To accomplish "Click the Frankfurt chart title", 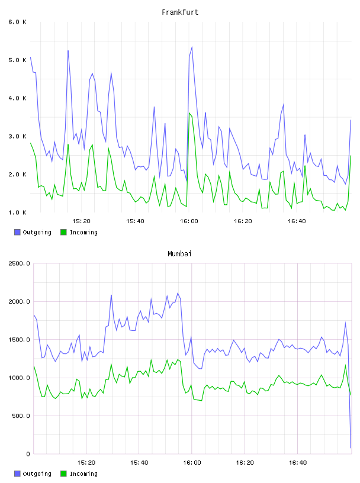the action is pos(180,12).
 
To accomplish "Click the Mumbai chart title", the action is pos(179,254).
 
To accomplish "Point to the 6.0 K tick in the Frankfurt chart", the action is pos(17,22).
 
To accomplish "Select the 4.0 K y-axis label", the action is pos(17,98).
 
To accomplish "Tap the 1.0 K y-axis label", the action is pos(17,212).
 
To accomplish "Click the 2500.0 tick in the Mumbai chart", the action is pos(19,263).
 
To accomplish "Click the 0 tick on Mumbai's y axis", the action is pos(28,454).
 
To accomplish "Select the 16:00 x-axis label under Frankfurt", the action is pos(189,221).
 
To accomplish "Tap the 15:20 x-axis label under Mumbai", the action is pos(86,463).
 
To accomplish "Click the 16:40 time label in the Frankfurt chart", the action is pos(297,221).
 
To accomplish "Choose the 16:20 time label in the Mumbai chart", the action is pos(245,463).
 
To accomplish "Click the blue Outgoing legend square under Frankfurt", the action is pos(17,232).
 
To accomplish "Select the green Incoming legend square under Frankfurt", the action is pos(63,232).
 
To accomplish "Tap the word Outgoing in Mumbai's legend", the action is pos(37,474).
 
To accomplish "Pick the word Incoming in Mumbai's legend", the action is pos(83,474).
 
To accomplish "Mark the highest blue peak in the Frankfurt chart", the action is pos(192,47).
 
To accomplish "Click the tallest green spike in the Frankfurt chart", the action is pos(189,112).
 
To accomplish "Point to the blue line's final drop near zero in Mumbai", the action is pos(351,447).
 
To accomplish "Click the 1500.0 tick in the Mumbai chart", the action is pos(19,340).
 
